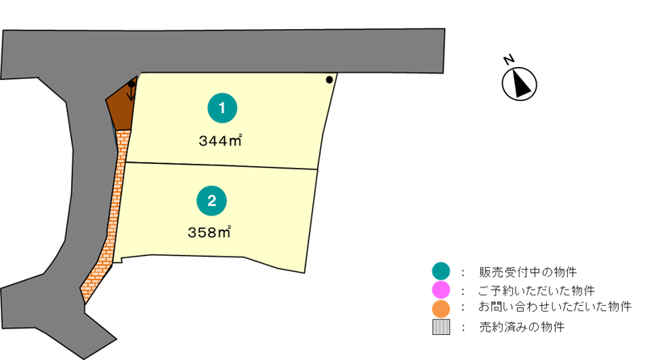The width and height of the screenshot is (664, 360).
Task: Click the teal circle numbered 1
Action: (x=223, y=107)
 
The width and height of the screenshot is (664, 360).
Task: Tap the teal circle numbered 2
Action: (x=211, y=201)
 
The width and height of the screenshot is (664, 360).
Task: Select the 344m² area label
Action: (x=220, y=140)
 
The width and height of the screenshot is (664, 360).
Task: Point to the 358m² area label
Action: (x=209, y=233)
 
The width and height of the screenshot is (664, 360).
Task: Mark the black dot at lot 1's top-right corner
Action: (x=328, y=79)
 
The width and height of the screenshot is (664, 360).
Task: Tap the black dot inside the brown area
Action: (x=132, y=83)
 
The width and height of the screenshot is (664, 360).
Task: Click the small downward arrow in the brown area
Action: (x=132, y=93)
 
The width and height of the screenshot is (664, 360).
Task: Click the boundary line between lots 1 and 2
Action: (x=222, y=165)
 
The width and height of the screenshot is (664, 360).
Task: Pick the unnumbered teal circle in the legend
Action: (x=441, y=270)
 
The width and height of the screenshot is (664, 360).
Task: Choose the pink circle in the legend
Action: (x=441, y=289)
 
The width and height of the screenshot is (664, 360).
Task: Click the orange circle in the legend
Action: (x=441, y=308)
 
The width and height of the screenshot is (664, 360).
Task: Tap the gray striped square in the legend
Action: (x=441, y=327)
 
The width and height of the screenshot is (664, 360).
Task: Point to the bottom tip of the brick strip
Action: (x=85, y=301)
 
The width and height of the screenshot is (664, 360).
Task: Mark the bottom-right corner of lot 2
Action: (x=305, y=272)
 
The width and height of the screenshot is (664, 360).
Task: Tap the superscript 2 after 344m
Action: (x=240, y=136)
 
